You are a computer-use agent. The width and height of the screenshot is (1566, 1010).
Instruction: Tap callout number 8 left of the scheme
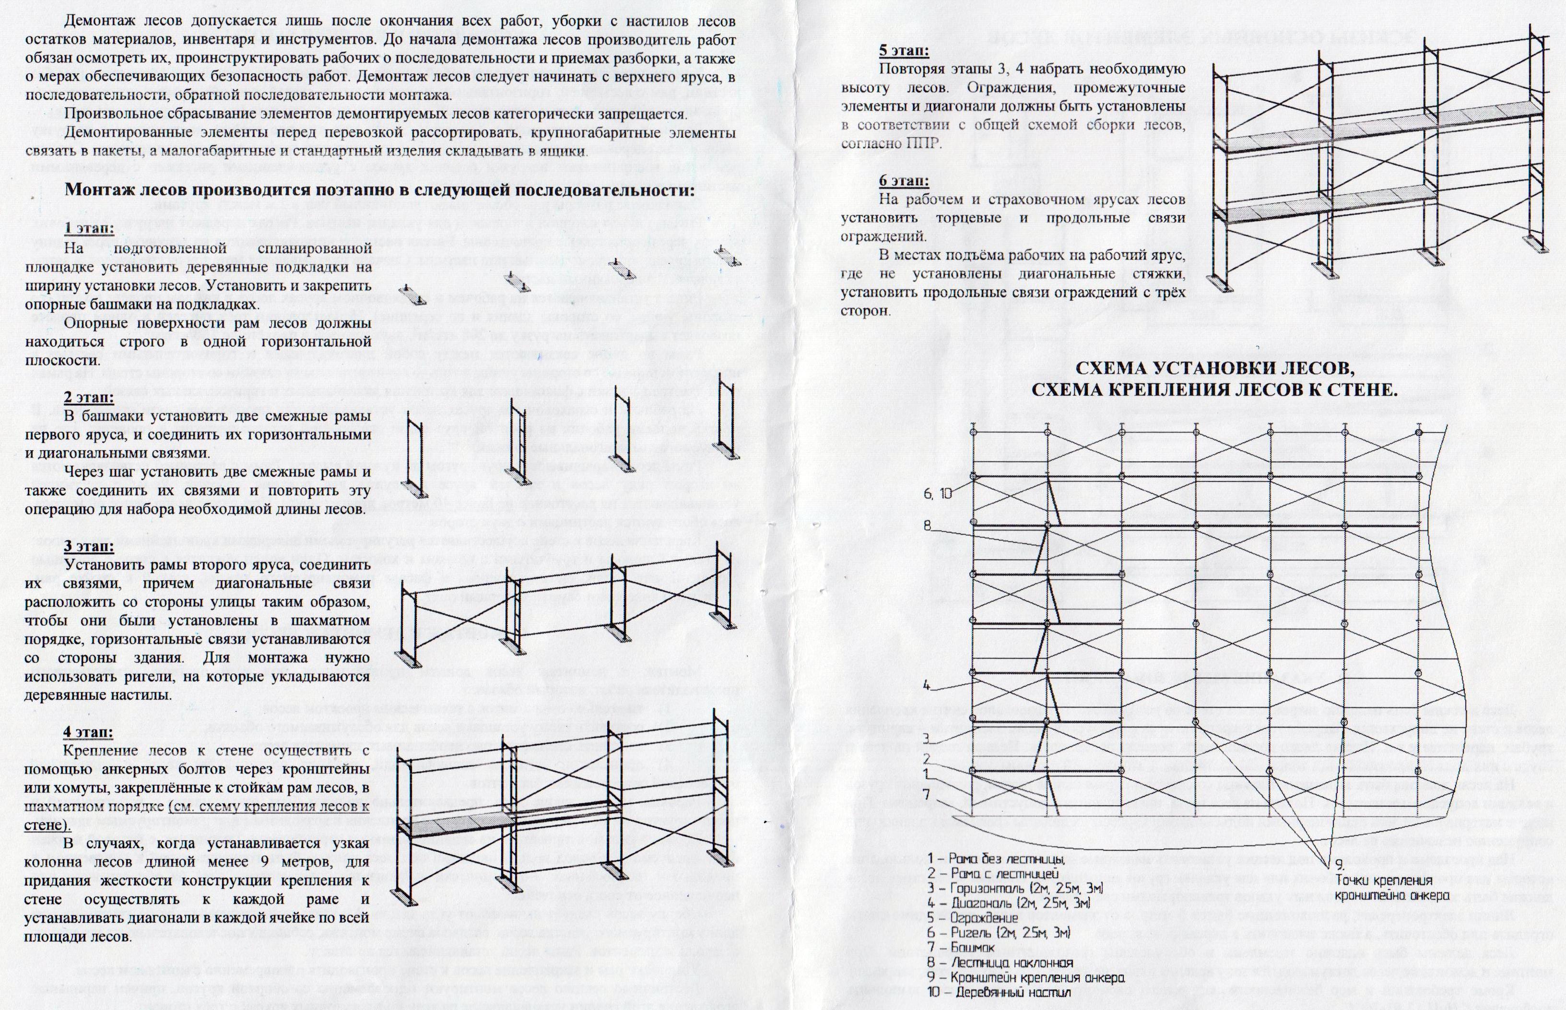927,525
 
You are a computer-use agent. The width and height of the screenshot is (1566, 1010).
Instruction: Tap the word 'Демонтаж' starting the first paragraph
100,22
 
